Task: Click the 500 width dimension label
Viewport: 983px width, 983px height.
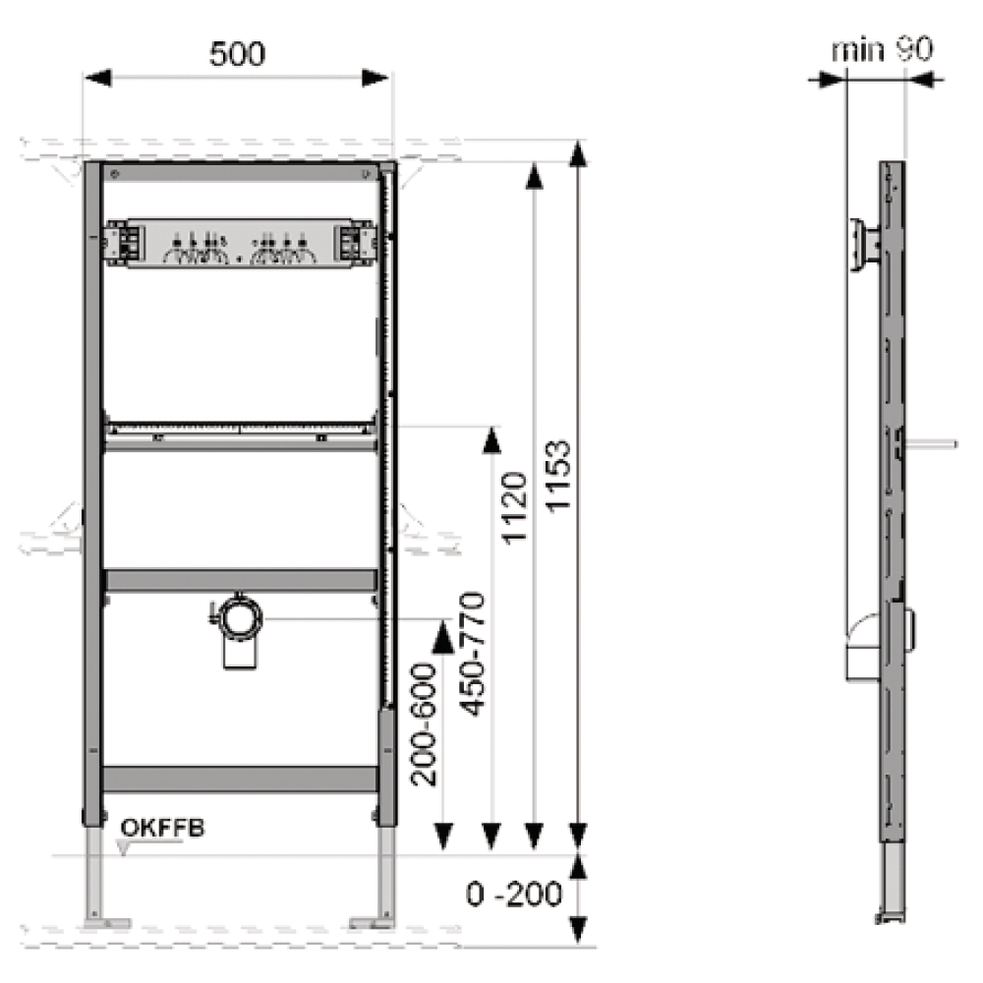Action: [237, 54]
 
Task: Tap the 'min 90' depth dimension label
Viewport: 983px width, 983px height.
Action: [883, 49]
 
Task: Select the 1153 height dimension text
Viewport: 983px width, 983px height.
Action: [558, 477]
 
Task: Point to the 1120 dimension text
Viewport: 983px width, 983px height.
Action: [514, 508]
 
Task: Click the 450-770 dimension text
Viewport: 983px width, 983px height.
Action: [473, 654]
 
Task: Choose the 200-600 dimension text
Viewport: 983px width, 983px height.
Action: [424, 724]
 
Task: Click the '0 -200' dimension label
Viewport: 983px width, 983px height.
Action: [514, 894]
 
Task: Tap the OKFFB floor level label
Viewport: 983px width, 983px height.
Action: [162, 828]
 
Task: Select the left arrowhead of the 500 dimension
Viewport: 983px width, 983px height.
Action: [97, 78]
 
